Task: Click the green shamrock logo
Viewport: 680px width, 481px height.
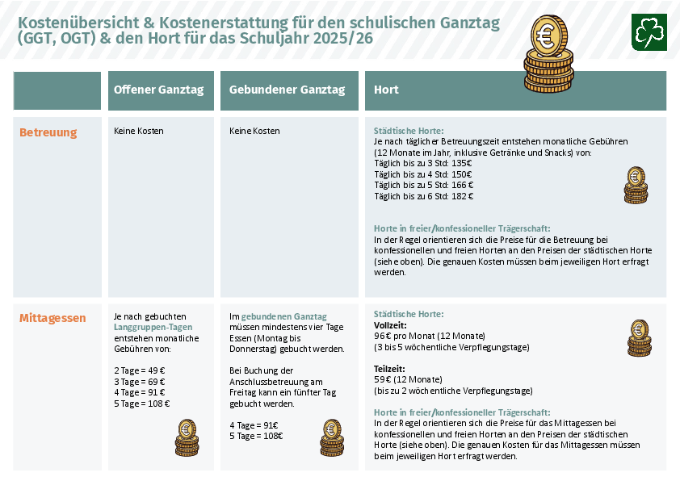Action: pos(649,31)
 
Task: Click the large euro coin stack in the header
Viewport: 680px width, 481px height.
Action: pos(548,53)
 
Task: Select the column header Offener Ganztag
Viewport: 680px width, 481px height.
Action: pos(158,90)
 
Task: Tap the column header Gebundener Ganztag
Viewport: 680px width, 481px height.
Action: pos(287,90)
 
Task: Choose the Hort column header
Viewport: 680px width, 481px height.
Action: pos(386,90)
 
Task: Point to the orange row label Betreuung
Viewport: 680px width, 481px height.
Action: pos(48,132)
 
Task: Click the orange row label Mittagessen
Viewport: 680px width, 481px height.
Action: pos(52,318)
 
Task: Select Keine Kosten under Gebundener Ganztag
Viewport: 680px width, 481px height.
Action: pos(254,131)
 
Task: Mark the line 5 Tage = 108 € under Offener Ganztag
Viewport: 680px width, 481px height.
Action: pos(142,404)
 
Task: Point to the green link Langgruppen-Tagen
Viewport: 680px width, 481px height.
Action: pos(153,327)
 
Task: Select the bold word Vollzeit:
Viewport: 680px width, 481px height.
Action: pos(390,324)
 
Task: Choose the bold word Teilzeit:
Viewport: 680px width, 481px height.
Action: pos(389,368)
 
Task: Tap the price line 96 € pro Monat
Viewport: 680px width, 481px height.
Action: pos(429,336)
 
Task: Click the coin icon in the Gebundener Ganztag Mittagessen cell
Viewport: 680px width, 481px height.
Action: pos(331,437)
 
